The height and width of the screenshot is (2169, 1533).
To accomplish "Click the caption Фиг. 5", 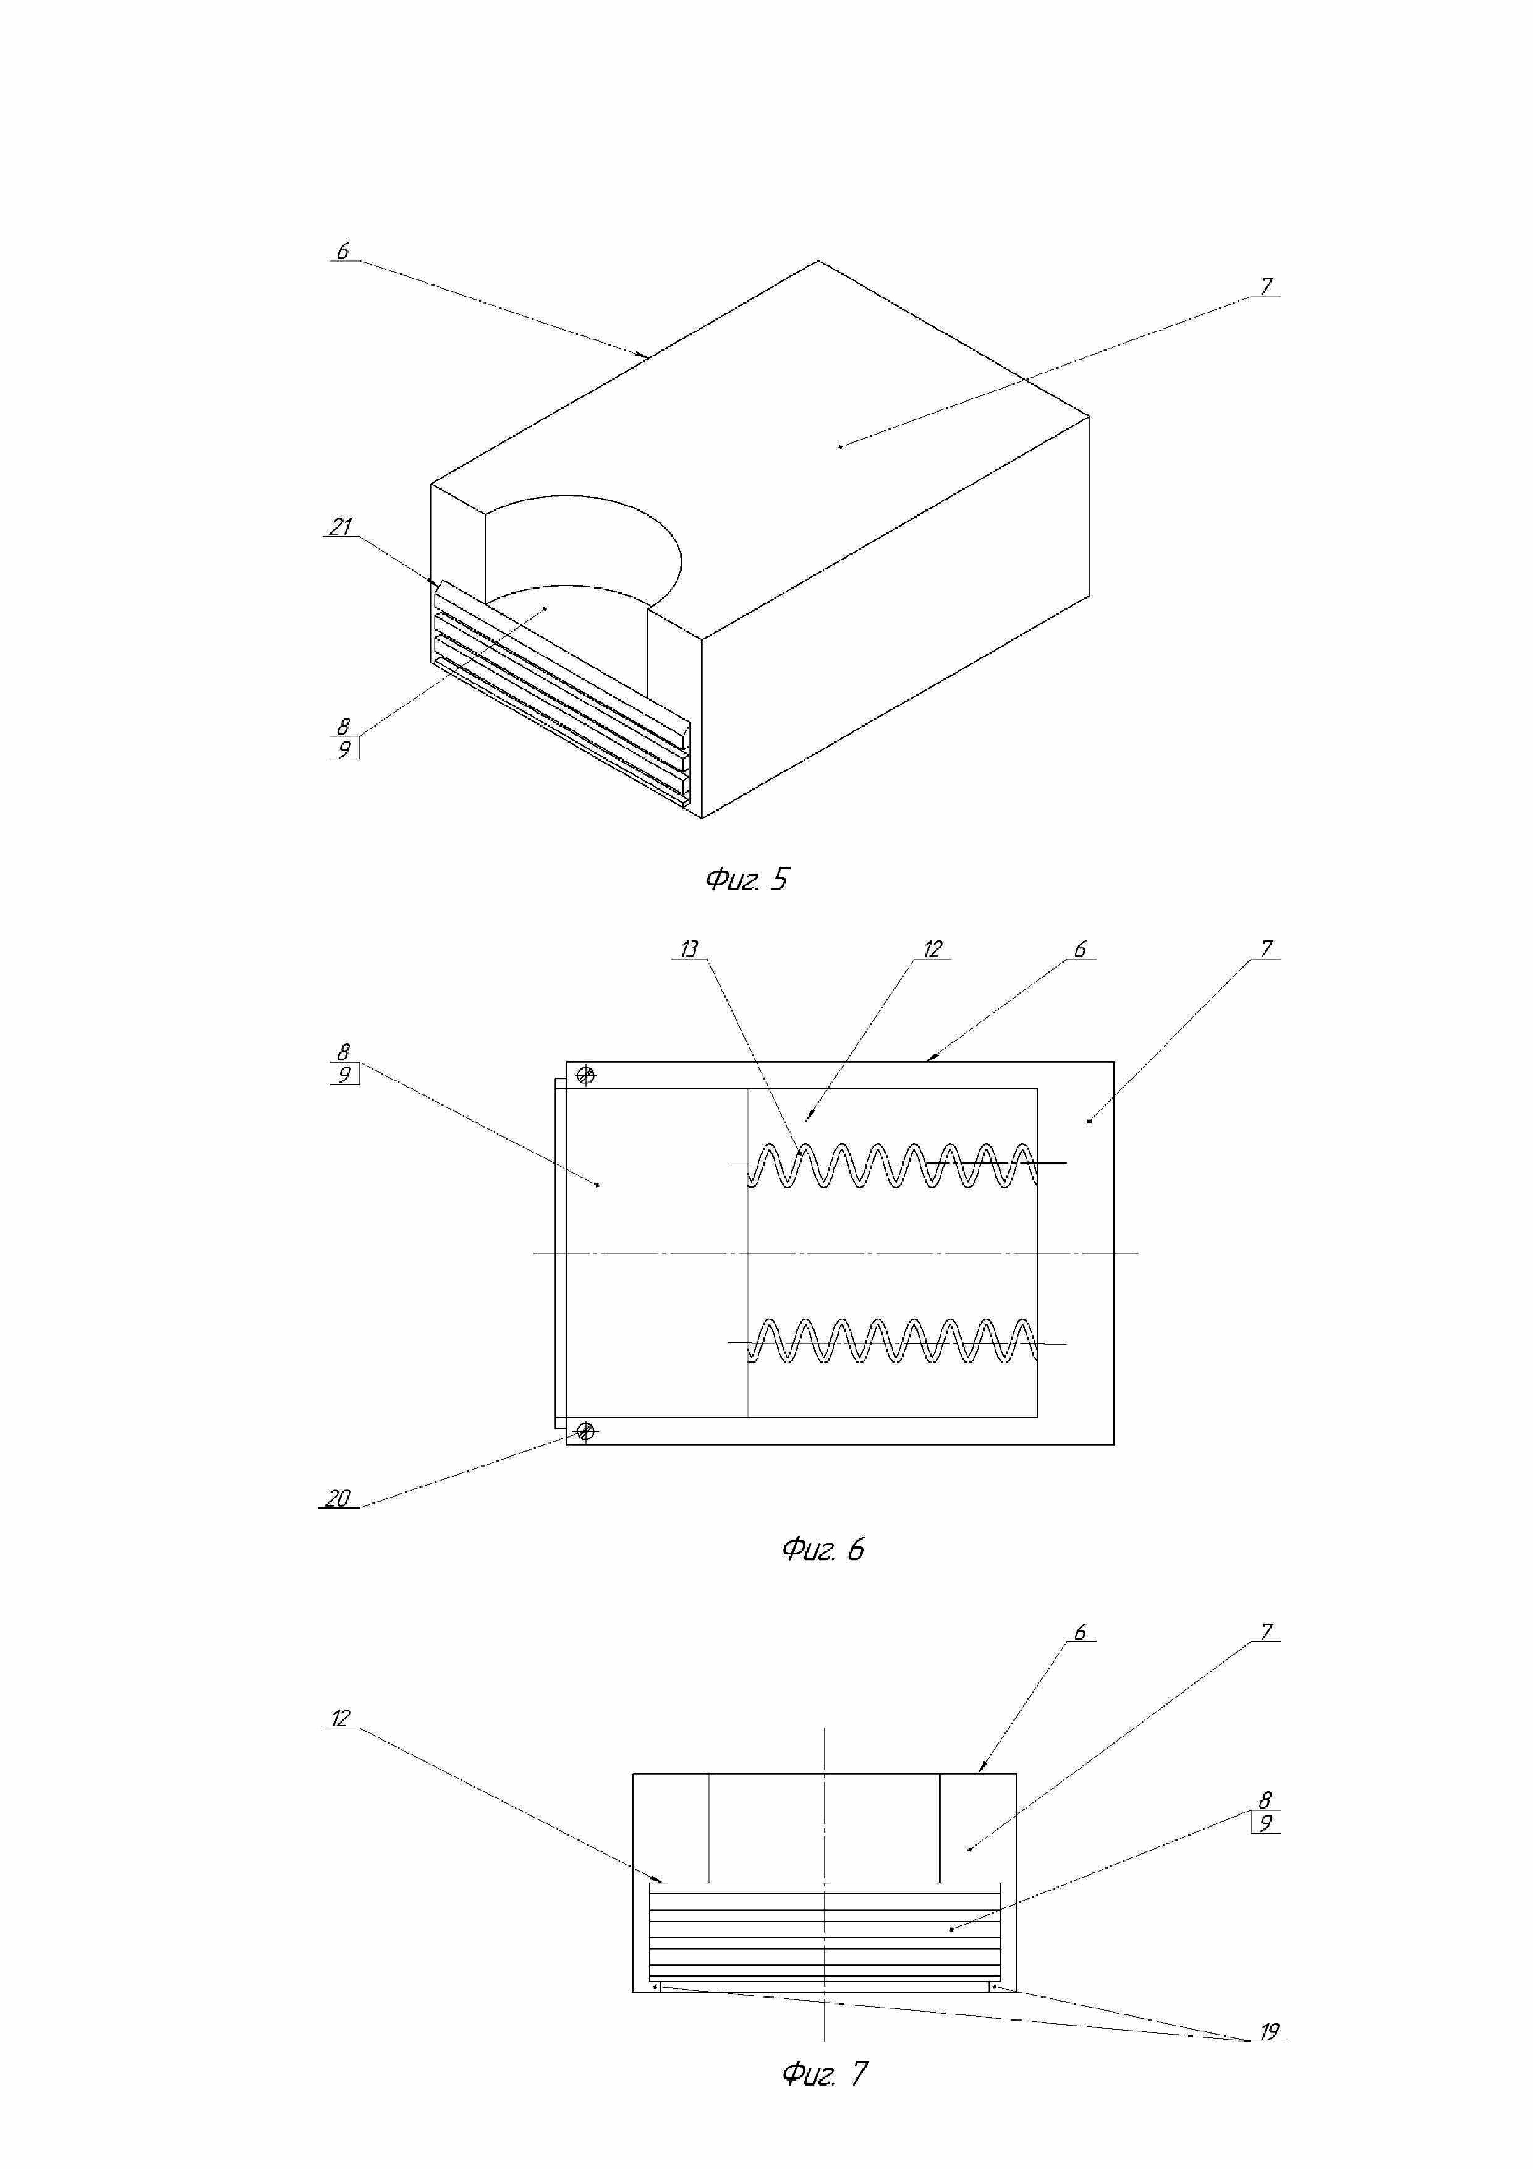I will tap(746, 880).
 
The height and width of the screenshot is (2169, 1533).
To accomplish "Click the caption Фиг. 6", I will tap(823, 1549).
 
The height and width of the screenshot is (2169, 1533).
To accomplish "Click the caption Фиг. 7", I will tap(823, 2074).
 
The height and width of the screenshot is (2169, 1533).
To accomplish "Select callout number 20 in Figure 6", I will tap(338, 1498).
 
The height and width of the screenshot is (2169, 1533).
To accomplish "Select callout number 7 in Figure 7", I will tap(1267, 1632).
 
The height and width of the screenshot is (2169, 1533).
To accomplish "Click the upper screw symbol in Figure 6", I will tap(585, 1075).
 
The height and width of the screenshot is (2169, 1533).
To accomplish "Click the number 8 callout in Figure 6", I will tap(344, 1052).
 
